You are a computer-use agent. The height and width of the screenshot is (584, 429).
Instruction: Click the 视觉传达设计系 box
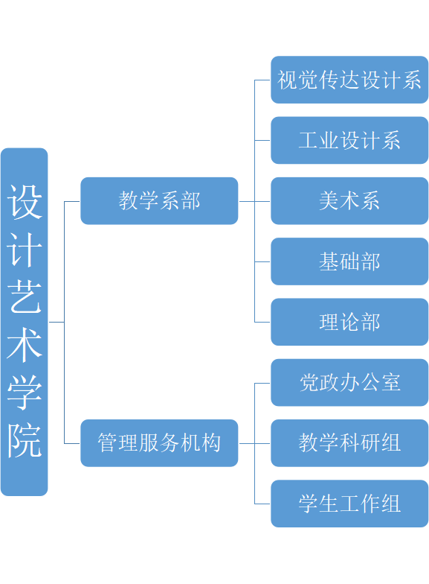pos(349,79)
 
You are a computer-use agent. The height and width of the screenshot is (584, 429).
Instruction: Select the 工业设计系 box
pos(349,140)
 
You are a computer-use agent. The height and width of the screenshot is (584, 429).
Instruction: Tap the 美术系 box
pos(349,200)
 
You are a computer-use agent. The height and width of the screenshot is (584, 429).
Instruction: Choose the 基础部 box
pos(349,261)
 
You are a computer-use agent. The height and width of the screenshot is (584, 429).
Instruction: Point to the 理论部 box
pos(349,322)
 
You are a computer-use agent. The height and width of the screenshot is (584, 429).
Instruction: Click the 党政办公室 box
pos(349,382)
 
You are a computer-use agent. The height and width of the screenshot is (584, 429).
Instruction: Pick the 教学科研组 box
pos(349,443)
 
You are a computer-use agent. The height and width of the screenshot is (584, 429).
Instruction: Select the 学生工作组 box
pos(349,504)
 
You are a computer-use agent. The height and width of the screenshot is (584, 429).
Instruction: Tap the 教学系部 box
pos(159,200)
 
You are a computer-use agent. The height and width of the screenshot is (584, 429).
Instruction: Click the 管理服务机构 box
pos(159,443)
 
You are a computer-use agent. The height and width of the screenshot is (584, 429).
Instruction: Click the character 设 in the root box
pos(25,203)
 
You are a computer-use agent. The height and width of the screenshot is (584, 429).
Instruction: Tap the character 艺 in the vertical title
pos(25,298)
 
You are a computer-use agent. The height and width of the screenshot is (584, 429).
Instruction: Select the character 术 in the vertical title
pos(25,346)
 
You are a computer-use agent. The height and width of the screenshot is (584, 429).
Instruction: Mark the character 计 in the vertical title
pos(25,250)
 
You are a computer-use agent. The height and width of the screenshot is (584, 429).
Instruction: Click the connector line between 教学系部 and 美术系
pos(254,200)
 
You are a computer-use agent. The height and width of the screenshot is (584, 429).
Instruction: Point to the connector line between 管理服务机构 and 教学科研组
pos(254,443)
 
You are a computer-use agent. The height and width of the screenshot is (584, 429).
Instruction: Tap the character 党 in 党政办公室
pos(309,382)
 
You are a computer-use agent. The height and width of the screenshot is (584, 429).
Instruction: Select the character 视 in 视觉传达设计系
pos(286,79)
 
